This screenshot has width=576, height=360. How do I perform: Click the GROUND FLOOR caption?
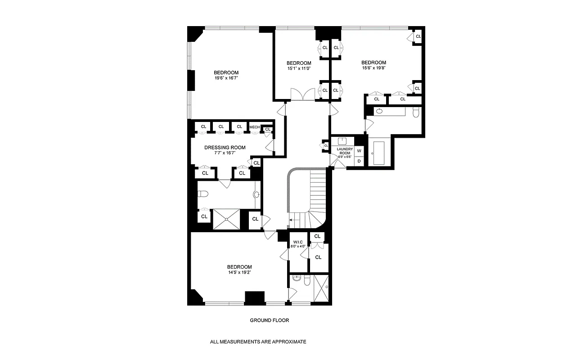pos(269,320)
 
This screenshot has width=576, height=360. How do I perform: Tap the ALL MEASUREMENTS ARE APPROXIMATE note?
pos(258,342)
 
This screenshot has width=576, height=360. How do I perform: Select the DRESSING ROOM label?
pos(225,147)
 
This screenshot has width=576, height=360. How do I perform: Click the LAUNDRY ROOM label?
pos(345,151)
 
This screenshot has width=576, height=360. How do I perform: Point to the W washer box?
pos(359,151)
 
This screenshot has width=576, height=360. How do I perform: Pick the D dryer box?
pos(359,161)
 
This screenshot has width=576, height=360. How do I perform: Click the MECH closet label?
pos(255,127)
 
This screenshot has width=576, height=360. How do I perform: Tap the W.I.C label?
pos(297,242)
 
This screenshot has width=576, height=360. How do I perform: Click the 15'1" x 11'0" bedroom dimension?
pos(299,68)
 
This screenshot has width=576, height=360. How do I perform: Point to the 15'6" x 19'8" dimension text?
pos(374,68)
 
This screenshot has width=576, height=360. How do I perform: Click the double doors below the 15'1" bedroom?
pos(303,95)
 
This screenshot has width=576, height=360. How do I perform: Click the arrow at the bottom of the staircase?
pos(291,220)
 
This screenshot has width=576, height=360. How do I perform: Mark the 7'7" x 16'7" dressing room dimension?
pos(225,153)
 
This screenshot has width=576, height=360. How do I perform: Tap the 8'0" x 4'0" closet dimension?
pos(297,247)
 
